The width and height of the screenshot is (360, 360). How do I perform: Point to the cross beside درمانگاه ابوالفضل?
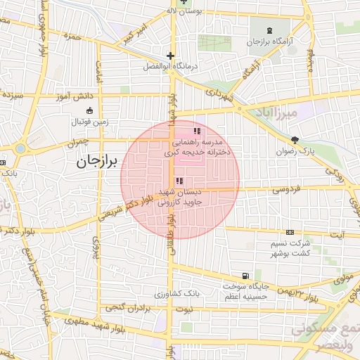click(169, 56)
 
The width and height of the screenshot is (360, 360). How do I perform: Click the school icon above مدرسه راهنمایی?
click(197, 131)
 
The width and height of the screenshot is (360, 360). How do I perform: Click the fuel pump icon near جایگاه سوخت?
click(244, 276)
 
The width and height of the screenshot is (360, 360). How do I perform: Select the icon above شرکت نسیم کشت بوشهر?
click(290, 232)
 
